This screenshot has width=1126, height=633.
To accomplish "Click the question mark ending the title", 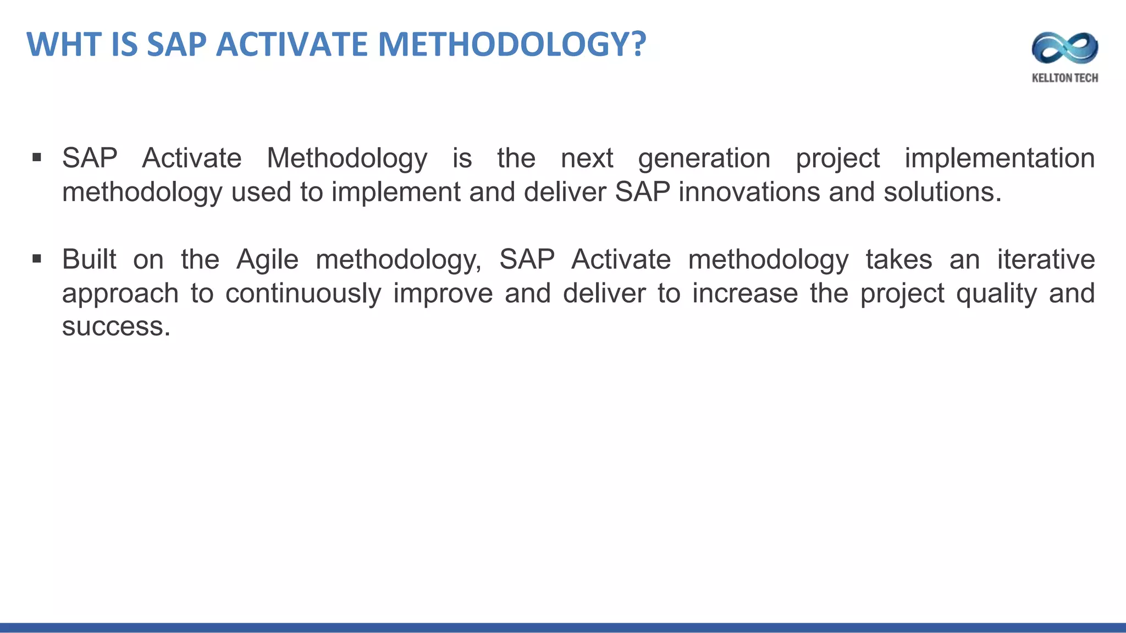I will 638,45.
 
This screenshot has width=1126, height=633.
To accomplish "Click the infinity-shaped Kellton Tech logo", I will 1065,48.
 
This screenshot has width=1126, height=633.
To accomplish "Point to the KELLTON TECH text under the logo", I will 1065,78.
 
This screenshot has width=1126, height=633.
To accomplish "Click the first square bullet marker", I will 37,158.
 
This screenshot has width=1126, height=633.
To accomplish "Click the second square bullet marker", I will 37,259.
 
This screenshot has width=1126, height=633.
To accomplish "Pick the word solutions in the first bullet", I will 942,192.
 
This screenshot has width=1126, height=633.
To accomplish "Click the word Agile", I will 267,260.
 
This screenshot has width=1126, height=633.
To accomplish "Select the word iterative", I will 1046,260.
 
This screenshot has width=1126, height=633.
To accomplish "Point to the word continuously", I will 303,294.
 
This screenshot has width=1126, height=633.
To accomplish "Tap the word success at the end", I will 115,327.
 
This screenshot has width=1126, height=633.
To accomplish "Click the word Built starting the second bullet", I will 89,260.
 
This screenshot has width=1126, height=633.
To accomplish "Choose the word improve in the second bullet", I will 443,294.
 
